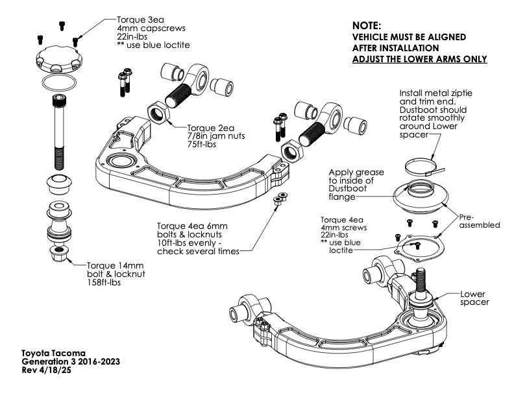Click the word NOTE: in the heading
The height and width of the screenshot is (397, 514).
pos(366,25)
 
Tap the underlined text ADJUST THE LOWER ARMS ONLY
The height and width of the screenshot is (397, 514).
pos(419,59)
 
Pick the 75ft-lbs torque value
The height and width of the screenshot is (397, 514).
pos(201,145)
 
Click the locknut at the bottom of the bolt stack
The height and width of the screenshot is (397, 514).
pos(59,250)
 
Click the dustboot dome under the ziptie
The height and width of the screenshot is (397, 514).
pos(422,195)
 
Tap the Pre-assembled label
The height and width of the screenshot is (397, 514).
pos(480,221)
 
